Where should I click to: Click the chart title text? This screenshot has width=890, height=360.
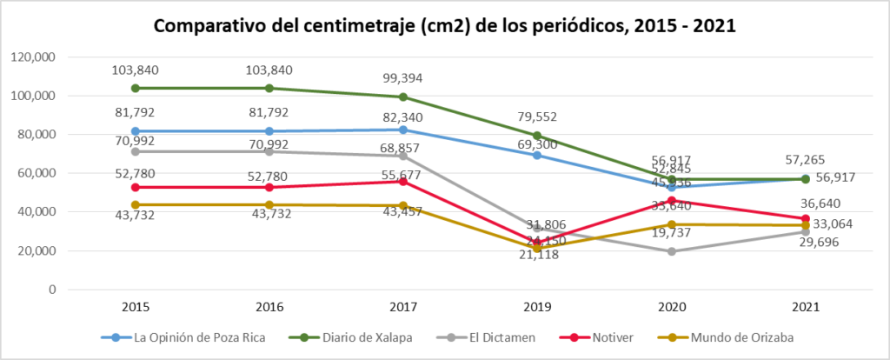pyautogui.click(x=445, y=26)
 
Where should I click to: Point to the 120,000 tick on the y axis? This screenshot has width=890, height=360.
pyautogui.click(x=34, y=57)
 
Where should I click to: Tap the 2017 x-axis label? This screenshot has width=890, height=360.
pyautogui.click(x=404, y=307)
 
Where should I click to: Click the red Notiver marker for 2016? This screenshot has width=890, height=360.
pyautogui.click(x=268, y=187)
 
